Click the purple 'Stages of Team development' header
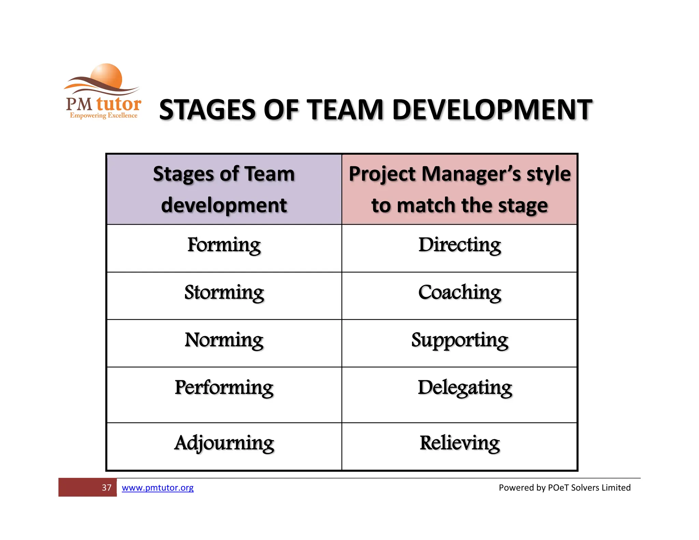224,189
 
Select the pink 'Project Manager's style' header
459,189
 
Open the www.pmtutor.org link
157,487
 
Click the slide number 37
106,487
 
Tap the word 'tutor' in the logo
119,104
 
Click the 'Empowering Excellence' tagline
103,115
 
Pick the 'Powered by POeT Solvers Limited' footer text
565,487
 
